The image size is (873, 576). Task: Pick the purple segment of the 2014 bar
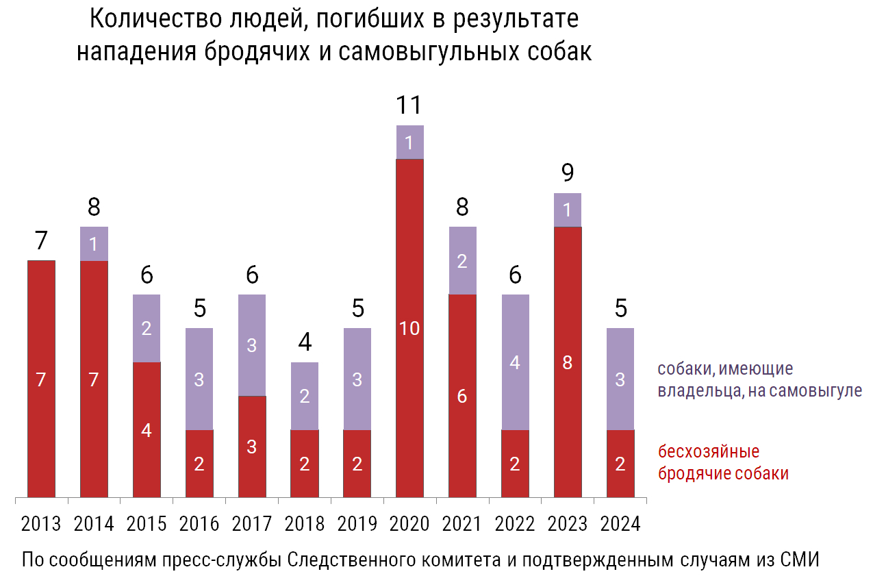coord(94,244)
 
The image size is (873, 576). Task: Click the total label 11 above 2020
coord(409,105)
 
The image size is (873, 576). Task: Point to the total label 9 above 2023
coord(568,173)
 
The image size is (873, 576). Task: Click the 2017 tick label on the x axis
coord(251,524)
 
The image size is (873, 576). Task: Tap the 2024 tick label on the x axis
coord(620,524)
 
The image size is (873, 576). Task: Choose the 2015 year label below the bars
coord(147,524)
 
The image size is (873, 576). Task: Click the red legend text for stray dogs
coord(723,463)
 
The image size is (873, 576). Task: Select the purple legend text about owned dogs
coord(759,380)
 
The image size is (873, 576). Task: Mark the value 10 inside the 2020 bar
coord(409,329)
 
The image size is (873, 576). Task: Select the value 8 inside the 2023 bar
coord(568,363)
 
